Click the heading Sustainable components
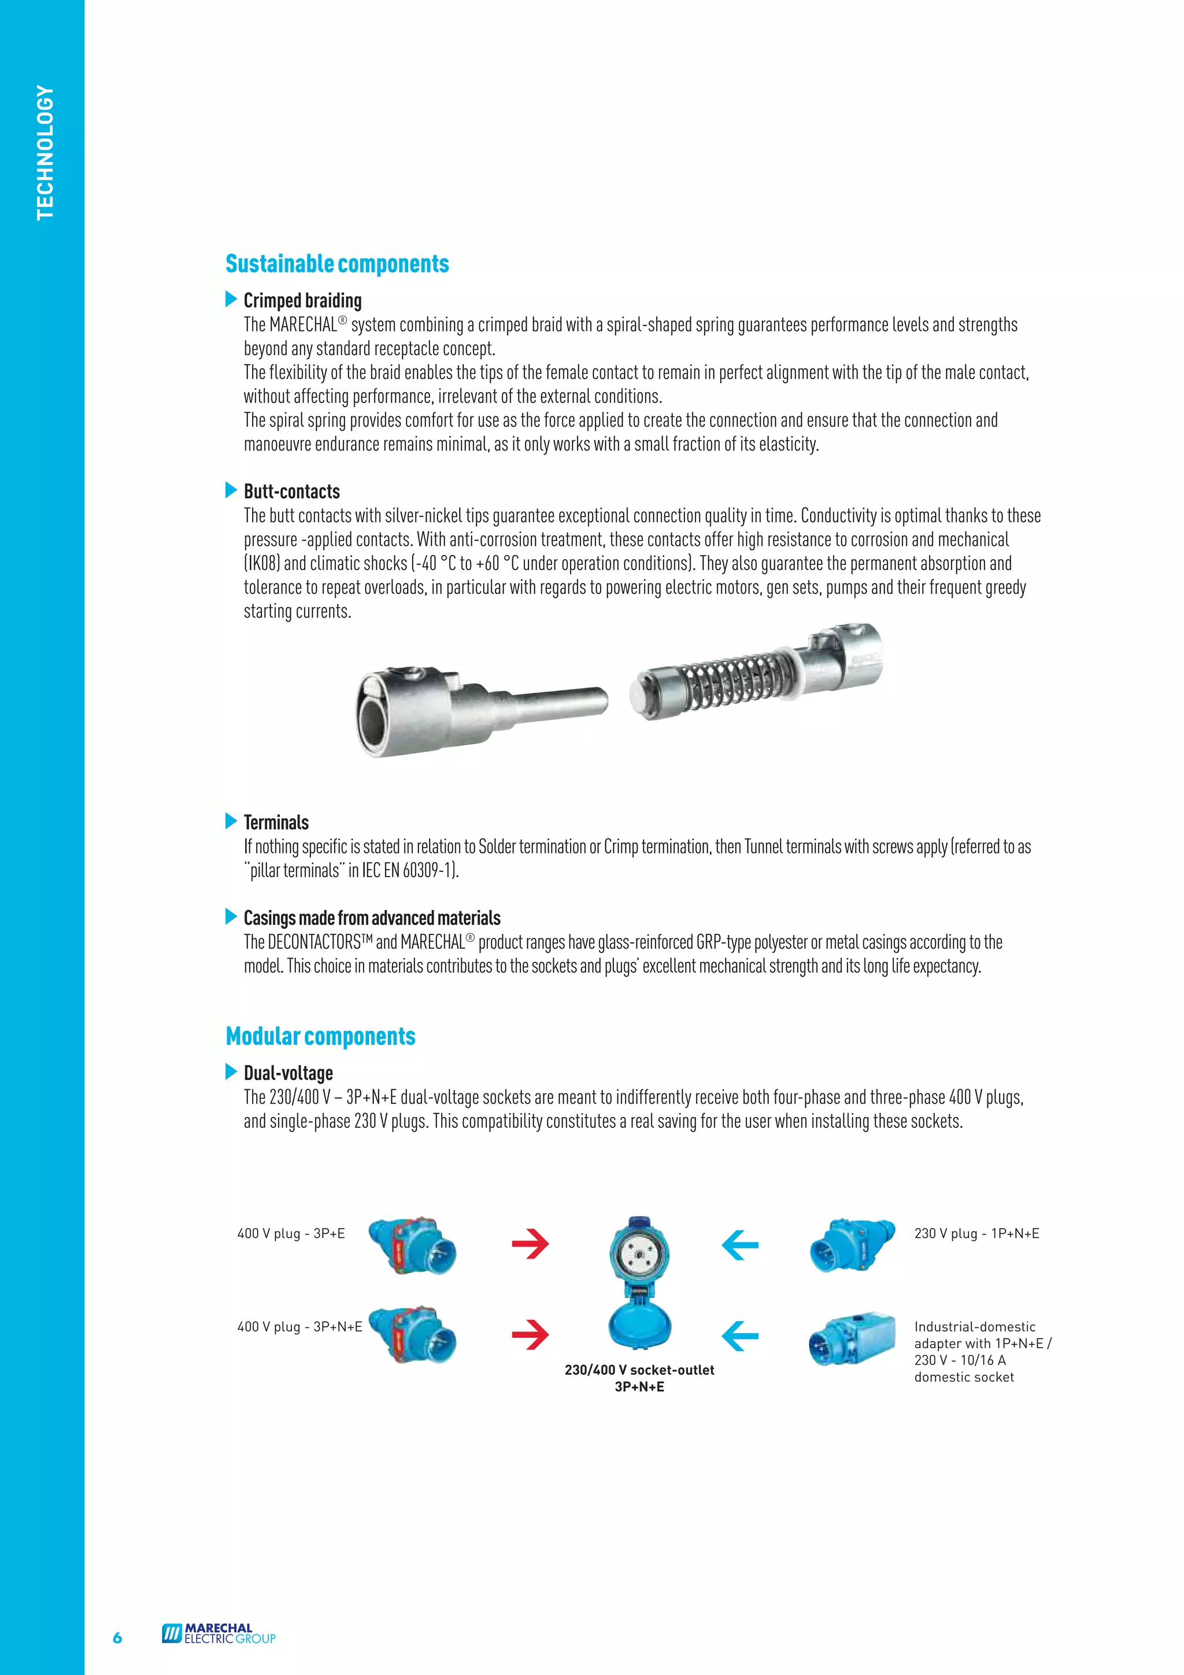[337, 264]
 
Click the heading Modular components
[320, 1036]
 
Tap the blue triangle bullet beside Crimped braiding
[231, 299]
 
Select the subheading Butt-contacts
[292, 491]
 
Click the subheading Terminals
[276, 823]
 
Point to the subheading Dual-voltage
[288, 1073]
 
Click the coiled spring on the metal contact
[730, 678]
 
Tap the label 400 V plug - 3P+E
[291, 1234]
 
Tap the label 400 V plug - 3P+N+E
[299, 1327]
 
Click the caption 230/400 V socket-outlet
[639, 1370]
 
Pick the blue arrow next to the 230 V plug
[740, 1245]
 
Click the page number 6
[117, 1638]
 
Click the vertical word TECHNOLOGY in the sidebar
[45, 153]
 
